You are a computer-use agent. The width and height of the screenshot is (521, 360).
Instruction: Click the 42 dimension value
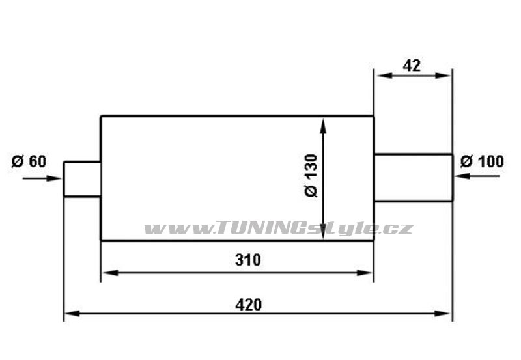[x=412, y=65]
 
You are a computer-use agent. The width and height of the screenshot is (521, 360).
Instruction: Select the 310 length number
[x=248, y=260]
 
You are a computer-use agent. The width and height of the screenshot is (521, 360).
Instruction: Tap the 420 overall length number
[x=249, y=305]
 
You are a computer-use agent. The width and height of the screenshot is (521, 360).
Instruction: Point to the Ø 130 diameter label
[x=311, y=176]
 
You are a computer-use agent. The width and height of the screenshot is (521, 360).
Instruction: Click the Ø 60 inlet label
[x=29, y=161]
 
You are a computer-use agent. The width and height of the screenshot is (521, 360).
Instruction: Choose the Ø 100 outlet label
[x=482, y=161]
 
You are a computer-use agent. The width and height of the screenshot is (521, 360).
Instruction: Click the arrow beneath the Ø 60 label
[x=42, y=178]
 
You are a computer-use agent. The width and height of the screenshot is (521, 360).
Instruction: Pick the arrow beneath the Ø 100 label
[x=477, y=176]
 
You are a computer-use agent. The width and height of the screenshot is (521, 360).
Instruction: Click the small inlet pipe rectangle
[x=82, y=179]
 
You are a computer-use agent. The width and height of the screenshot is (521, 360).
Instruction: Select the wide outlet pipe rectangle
[x=414, y=178]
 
